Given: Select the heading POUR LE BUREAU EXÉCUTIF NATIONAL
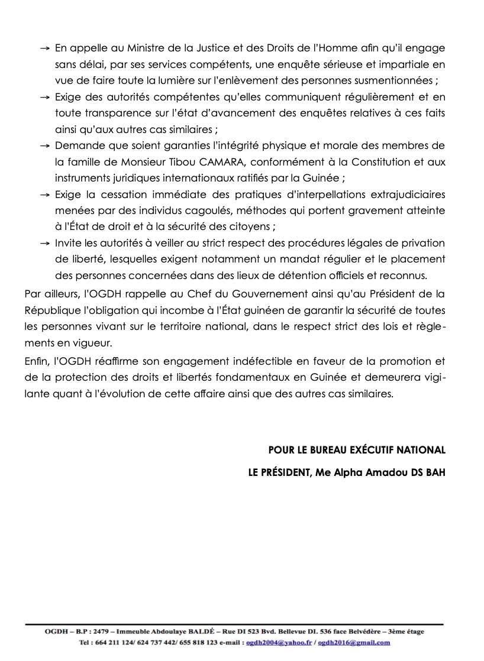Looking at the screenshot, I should click(357, 450).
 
